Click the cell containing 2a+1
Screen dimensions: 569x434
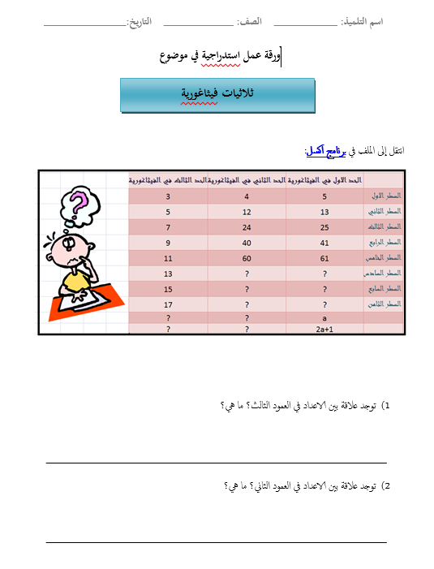[325, 330]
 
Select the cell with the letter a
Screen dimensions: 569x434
[325, 318]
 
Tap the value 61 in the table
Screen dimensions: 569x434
[325, 257]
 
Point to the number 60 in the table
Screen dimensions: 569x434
[247, 257]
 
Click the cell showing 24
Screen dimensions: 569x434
[247, 226]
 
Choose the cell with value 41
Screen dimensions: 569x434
[325, 242]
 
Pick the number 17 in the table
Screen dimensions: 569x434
[168, 303]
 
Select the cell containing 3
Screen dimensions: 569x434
[168, 196]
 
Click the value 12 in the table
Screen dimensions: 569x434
[247, 212]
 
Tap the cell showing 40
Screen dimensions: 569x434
[247, 242]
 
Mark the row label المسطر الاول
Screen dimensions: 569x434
[386, 197]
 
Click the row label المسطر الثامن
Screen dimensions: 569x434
[385, 304]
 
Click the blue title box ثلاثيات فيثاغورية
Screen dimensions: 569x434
[217, 95]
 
